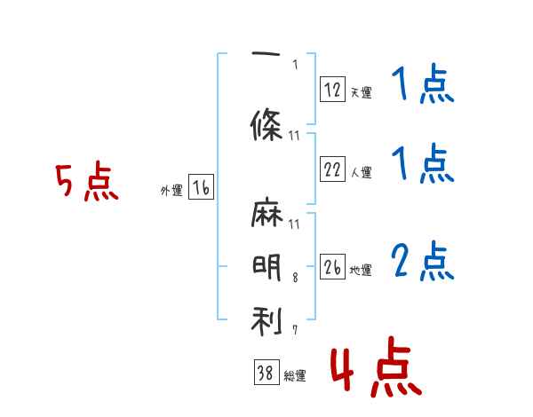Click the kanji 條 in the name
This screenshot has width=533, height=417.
coord(266,124)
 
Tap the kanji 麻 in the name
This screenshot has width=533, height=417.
coord(266,212)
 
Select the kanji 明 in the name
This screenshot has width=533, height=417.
coord(266,268)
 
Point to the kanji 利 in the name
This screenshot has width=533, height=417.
coord(266,321)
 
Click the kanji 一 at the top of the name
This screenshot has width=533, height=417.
coord(266,53)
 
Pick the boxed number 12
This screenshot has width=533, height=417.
coord(332,89)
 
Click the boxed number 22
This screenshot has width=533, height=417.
coord(332,169)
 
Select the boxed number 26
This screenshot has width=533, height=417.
coord(332,266)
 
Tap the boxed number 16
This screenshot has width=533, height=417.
coord(201,187)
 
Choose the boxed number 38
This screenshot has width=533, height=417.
coord(266,372)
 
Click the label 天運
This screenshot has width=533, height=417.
coord(361,92)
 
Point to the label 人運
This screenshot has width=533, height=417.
coord(361,172)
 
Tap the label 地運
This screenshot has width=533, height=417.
coord(361,270)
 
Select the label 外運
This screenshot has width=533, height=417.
coord(171,191)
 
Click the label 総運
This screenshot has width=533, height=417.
coord(295,376)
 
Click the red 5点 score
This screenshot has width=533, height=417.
coord(87,181)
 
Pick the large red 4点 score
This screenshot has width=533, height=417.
coord(376,366)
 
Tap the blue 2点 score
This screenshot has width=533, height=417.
coord(423,261)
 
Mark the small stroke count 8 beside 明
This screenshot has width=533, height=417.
coord(295,278)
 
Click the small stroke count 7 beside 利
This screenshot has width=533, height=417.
coord(295,330)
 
